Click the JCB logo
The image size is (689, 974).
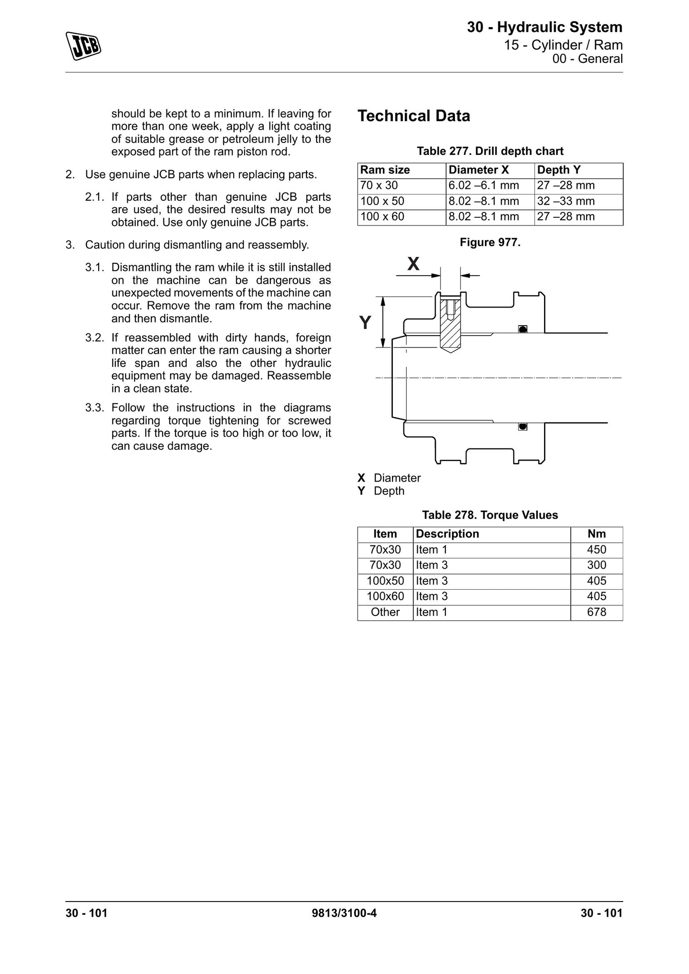pos(83,46)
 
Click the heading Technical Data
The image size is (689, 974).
pos(414,116)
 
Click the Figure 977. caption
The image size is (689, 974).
pos(490,243)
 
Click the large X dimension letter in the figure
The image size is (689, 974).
pos(414,264)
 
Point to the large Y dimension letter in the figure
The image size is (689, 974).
pos(365,323)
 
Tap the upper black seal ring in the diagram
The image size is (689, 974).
pos(523,329)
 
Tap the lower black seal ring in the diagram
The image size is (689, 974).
pos(523,426)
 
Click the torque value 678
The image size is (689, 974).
pos(596,612)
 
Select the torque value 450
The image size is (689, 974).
pos(596,550)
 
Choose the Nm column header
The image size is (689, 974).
pos(596,534)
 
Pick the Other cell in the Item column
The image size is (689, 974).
pos(385,612)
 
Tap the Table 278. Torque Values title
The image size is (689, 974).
pos(490,515)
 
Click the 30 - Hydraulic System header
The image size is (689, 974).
pos(545,28)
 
